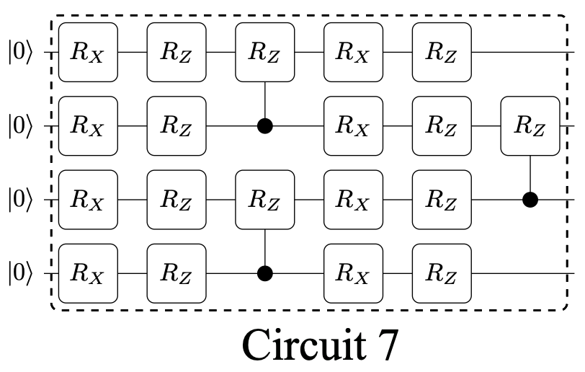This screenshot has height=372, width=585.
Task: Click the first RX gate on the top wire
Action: pos(87,53)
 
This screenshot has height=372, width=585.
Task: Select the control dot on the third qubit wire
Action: pos(530,200)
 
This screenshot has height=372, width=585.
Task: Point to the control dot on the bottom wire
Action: pos(265,273)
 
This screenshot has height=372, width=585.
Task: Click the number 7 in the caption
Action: pos(385,345)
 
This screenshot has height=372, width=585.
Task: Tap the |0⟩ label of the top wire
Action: pos(21,53)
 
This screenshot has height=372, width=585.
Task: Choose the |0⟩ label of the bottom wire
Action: pos(21,274)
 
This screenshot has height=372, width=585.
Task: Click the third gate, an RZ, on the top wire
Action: pos(264,53)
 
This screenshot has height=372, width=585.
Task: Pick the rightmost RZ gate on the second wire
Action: pos(530,126)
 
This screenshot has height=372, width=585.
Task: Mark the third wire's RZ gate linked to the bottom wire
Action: pos(264,200)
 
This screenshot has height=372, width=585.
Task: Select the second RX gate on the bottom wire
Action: pos(353,274)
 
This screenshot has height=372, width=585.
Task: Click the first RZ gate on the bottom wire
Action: pos(176,274)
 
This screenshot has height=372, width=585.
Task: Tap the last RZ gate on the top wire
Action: pos(442,53)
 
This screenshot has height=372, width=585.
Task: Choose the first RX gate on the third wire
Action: pos(87,200)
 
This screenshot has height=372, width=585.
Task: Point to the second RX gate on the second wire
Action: pos(353,126)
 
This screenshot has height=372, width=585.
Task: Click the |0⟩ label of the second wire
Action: pos(21,126)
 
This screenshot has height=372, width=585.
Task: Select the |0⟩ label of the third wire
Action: pos(21,200)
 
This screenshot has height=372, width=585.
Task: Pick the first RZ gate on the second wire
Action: pos(176,126)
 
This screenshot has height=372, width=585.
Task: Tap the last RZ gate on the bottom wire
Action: pos(442,274)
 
